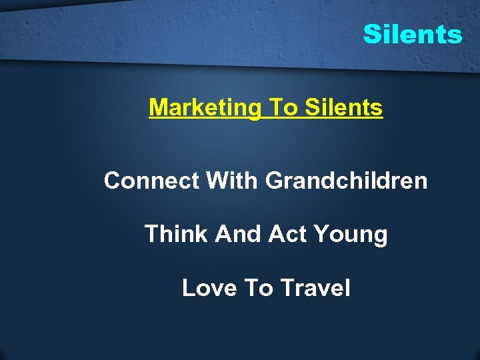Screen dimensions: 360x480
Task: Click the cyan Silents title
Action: point(412,34)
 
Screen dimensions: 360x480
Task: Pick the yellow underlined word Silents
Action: point(343,107)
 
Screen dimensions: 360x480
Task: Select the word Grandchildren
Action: point(347,181)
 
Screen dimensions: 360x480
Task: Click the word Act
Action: point(288,234)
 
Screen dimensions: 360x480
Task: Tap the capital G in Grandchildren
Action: point(274,181)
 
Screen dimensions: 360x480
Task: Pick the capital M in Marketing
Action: point(158,107)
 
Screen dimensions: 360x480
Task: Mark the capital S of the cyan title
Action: point(371,34)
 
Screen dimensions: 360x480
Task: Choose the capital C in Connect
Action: point(113,181)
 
